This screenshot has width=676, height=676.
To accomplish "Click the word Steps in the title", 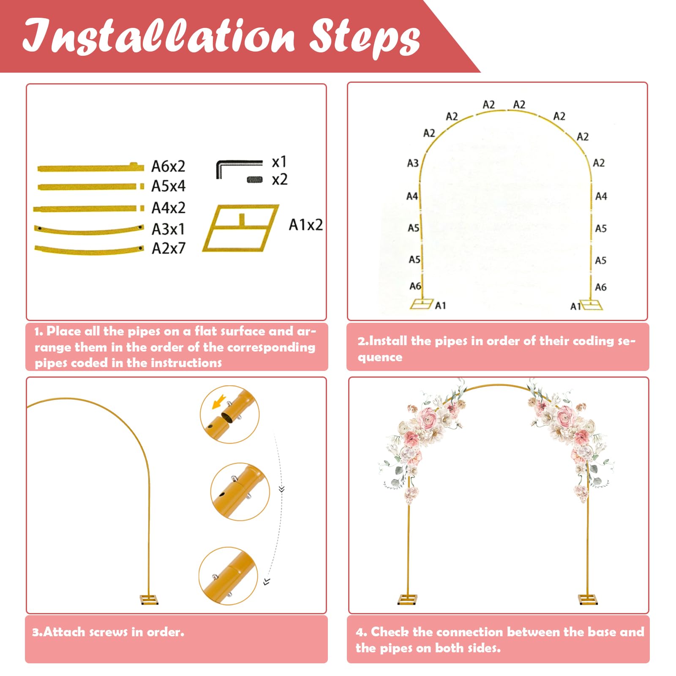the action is point(365,38).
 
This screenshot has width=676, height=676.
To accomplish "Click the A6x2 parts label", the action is point(168,166).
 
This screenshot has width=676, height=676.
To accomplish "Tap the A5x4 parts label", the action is point(168,186).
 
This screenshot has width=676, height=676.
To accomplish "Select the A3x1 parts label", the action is point(168,229).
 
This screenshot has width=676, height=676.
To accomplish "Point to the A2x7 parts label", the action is point(168,248).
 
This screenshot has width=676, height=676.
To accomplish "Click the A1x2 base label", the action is point(305,225).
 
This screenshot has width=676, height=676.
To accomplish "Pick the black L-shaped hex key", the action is point(239,169).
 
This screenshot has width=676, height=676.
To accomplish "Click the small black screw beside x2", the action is point(254,180).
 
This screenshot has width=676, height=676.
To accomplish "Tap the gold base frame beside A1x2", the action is point(241,228).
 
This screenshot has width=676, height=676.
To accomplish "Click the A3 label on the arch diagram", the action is point(413,163).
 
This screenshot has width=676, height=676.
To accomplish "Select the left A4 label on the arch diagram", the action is point(412,196).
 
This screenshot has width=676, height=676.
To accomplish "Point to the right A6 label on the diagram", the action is point(601,287).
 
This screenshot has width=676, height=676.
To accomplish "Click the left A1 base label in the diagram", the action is point(440,305).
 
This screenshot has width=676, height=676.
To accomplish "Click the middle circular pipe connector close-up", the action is point(240,491).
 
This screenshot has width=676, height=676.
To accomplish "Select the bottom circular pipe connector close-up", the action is point(228,576).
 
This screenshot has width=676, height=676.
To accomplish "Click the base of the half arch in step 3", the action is point(149,600).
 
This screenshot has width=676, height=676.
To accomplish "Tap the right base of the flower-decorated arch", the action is point(588,600).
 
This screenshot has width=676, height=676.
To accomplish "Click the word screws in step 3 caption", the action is point(109,632).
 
